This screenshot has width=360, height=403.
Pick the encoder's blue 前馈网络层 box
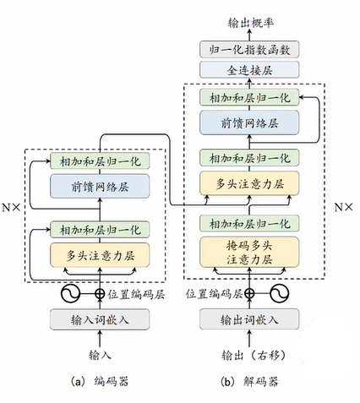(x=101, y=187)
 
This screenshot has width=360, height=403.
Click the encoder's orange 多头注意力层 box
(x=101, y=253)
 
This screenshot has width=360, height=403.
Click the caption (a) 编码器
(x=101, y=382)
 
